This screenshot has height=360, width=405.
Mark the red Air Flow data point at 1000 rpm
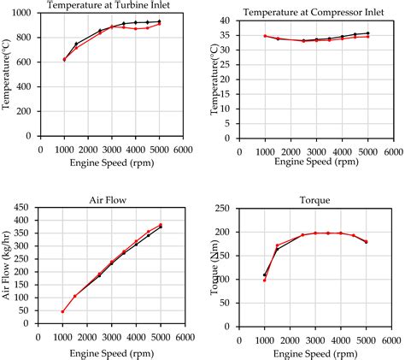tap(63, 311)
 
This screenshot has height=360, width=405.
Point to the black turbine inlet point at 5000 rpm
tap(159, 21)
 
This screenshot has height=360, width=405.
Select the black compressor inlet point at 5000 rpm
tap(367, 33)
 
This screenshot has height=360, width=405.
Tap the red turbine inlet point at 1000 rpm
tap(64, 60)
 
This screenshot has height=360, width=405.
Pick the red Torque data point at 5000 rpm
tap(367, 241)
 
